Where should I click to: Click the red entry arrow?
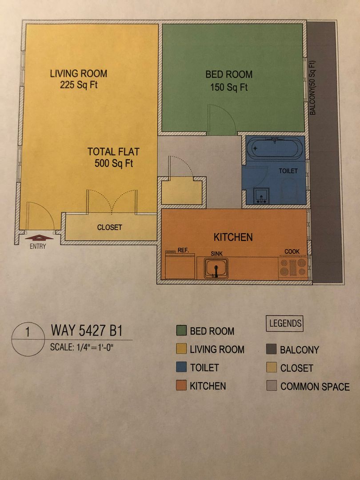point(39,237)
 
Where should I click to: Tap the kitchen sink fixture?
point(216,268)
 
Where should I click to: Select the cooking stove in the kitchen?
point(293,267)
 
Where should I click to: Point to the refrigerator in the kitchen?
point(180,265)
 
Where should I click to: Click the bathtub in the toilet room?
point(275,148)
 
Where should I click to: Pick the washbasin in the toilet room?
point(261,196)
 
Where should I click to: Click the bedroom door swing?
point(222,120)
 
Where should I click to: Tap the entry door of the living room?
point(40,216)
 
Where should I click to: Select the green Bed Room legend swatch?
point(181,331)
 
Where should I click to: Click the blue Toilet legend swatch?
point(181,368)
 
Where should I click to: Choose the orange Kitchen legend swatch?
point(181,385)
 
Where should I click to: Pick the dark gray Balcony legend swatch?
point(271,349)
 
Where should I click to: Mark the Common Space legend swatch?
point(271,386)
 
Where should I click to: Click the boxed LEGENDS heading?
point(285,324)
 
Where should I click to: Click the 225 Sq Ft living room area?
point(79,84)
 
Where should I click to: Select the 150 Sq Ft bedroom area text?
point(229,87)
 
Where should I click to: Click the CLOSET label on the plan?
point(110,228)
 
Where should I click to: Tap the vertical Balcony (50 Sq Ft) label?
point(312,88)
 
